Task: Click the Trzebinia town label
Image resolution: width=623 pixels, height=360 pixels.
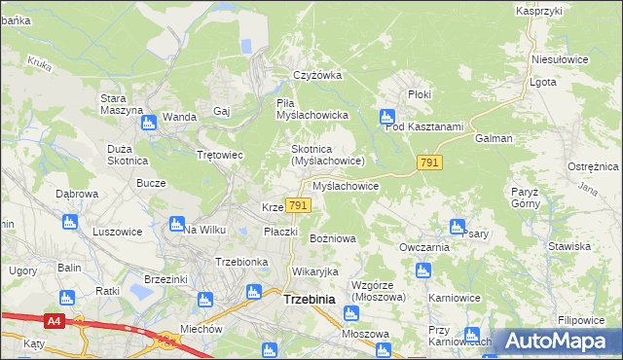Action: [x=309, y=300]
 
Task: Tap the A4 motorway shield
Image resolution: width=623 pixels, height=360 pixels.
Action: [x=55, y=320]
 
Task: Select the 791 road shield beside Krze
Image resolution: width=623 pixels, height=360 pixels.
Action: [x=299, y=205]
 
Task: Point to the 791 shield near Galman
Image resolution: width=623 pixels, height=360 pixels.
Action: [x=429, y=162]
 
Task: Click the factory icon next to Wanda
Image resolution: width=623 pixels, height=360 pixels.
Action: [x=149, y=122]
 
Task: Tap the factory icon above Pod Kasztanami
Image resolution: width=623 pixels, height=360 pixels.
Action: [x=386, y=115]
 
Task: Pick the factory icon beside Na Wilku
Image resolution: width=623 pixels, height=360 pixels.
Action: [x=176, y=224]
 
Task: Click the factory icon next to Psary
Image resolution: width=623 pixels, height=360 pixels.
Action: [x=457, y=227]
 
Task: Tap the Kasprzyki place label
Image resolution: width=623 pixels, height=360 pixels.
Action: [x=540, y=10]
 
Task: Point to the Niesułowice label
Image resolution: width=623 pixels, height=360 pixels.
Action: [x=558, y=58]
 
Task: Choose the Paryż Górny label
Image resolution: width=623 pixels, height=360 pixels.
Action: [x=525, y=198]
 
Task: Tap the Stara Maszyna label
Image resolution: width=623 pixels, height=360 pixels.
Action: [x=122, y=104]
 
